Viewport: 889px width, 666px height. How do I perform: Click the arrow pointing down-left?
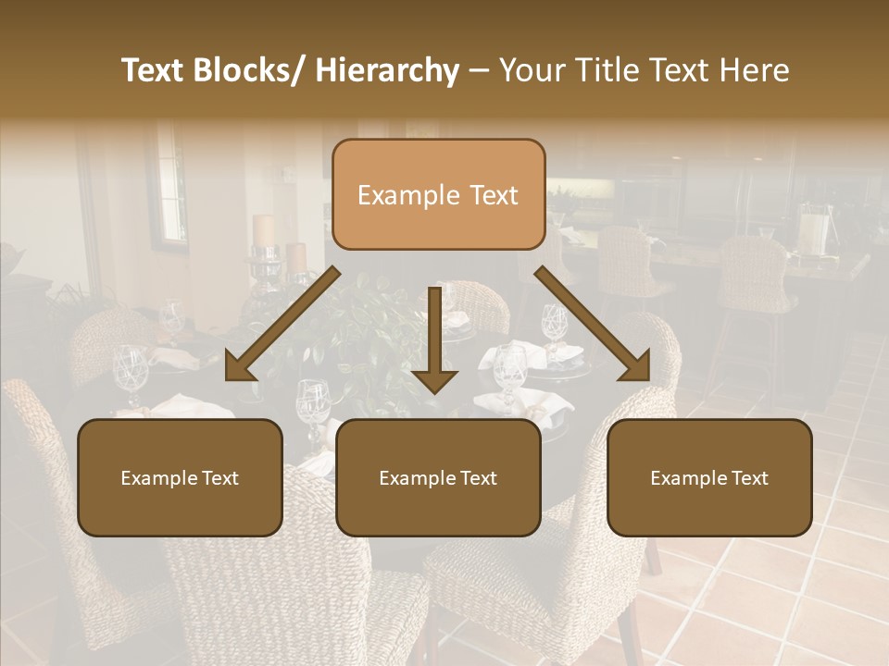(x=287, y=320)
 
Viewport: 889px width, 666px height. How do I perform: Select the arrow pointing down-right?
(x=589, y=320)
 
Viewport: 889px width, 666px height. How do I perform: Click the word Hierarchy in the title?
(x=387, y=71)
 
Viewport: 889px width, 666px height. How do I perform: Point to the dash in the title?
(x=479, y=71)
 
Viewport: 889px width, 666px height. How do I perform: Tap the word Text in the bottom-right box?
(x=747, y=478)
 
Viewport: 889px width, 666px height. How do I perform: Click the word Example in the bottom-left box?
(x=158, y=478)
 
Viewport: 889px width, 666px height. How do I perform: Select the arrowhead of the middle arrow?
(x=434, y=378)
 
